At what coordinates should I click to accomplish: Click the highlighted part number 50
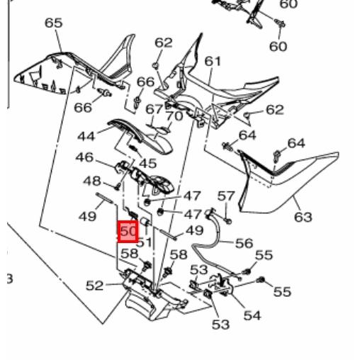[x=128, y=231]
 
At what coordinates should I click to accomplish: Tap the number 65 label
[x=54, y=23]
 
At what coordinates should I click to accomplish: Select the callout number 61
[x=213, y=61]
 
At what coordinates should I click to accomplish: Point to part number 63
[x=303, y=217]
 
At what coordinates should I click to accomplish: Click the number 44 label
[x=86, y=136]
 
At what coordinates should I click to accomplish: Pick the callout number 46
[x=84, y=157]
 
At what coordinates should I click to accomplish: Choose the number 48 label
[x=92, y=181]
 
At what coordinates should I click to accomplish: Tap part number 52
[x=94, y=286]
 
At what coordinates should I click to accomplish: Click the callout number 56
[x=244, y=243]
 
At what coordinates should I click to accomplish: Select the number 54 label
[x=252, y=315]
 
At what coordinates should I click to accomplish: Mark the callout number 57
[x=226, y=196]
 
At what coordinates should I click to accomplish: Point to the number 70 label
[x=174, y=116]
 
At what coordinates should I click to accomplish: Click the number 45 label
[x=148, y=163]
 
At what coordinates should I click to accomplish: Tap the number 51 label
[x=144, y=242]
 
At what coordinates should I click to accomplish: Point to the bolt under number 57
[x=228, y=221]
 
